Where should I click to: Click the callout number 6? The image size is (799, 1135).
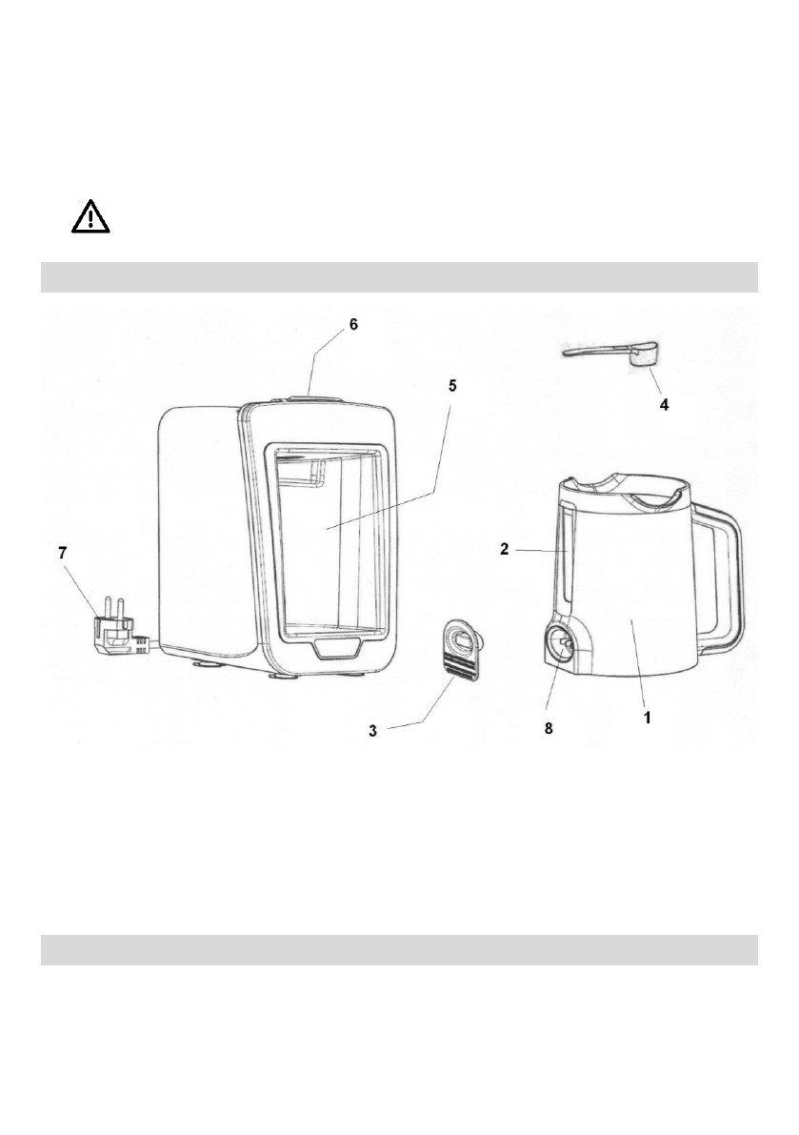tap(353, 324)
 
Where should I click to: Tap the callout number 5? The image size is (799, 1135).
tap(453, 385)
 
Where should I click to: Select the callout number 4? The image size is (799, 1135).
tap(665, 404)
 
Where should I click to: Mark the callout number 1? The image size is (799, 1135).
tap(647, 718)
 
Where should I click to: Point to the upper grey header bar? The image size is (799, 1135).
tap(399, 277)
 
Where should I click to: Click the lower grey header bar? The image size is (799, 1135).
tap(399, 949)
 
